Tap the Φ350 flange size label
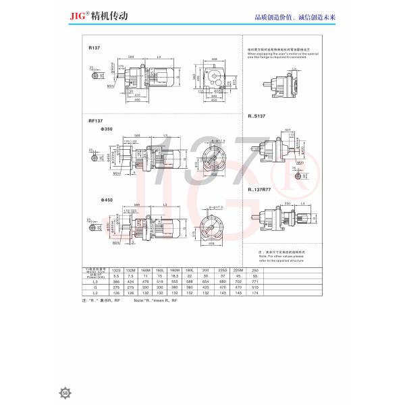tap(95, 128)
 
